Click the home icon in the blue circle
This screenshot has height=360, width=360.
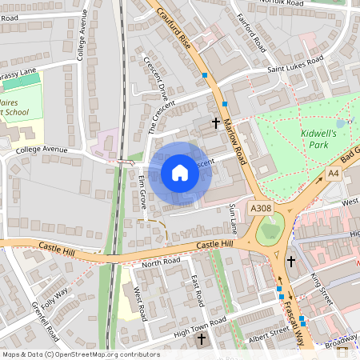tap(180, 173)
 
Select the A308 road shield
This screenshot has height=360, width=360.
tap(261, 208)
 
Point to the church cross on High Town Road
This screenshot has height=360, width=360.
tap(201, 340)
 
